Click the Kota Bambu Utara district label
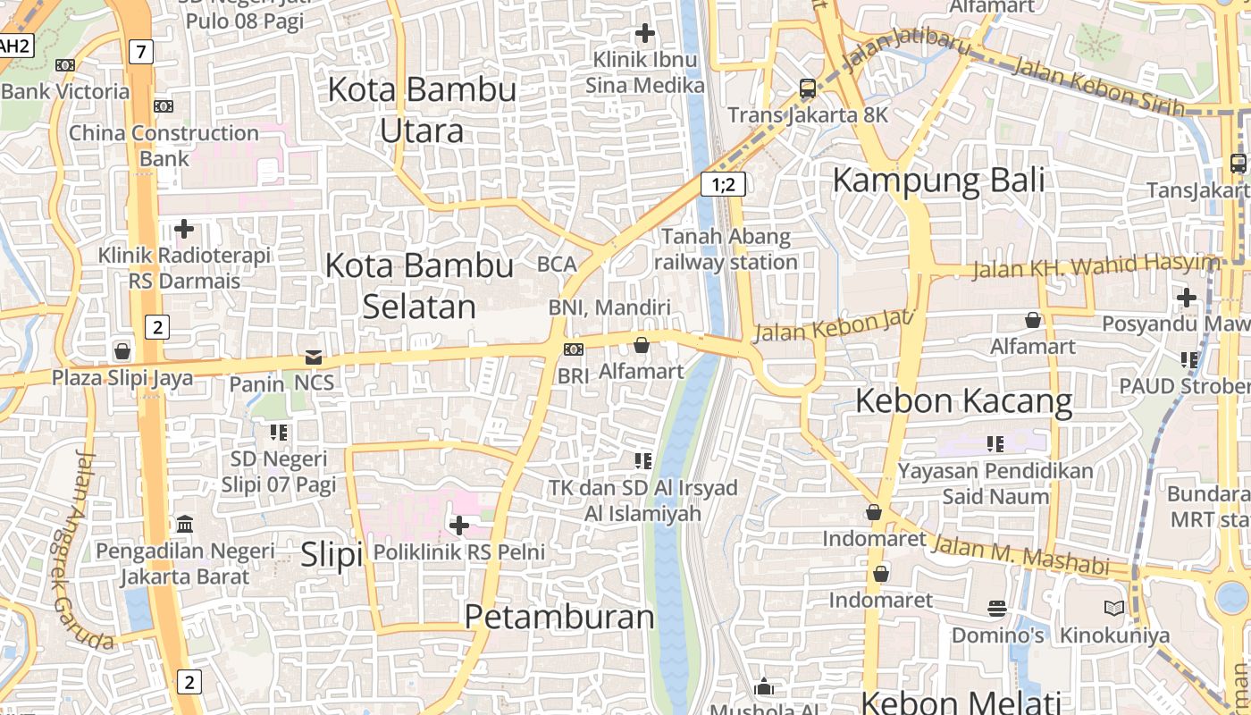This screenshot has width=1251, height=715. tap(422, 110)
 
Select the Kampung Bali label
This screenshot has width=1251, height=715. tap(938, 180)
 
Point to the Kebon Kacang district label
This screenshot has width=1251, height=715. tap(963, 401)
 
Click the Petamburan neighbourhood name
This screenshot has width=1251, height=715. tap(559, 617)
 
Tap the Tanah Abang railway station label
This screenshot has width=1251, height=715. tap(726, 249)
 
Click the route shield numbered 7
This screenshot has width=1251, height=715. tap(140, 52)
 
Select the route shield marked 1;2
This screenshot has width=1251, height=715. tap(723, 184)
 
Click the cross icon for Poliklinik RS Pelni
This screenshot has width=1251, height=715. tap(458, 526)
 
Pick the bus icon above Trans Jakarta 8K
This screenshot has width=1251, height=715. tap(808, 88)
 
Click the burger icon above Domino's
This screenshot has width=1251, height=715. tap(997, 609)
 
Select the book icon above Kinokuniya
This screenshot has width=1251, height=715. tap(1113, 609)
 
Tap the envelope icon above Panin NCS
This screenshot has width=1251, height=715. tap(313, 357)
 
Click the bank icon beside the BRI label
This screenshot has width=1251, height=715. tap(573, 349)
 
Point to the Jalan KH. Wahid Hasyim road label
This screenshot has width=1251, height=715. tap(1096, 266)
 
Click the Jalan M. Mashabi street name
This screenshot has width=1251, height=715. tap(1020, 554)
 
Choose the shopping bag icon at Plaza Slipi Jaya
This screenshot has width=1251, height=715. tap(122, 351)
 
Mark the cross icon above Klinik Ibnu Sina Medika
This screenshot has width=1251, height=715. tap(644, 34)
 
